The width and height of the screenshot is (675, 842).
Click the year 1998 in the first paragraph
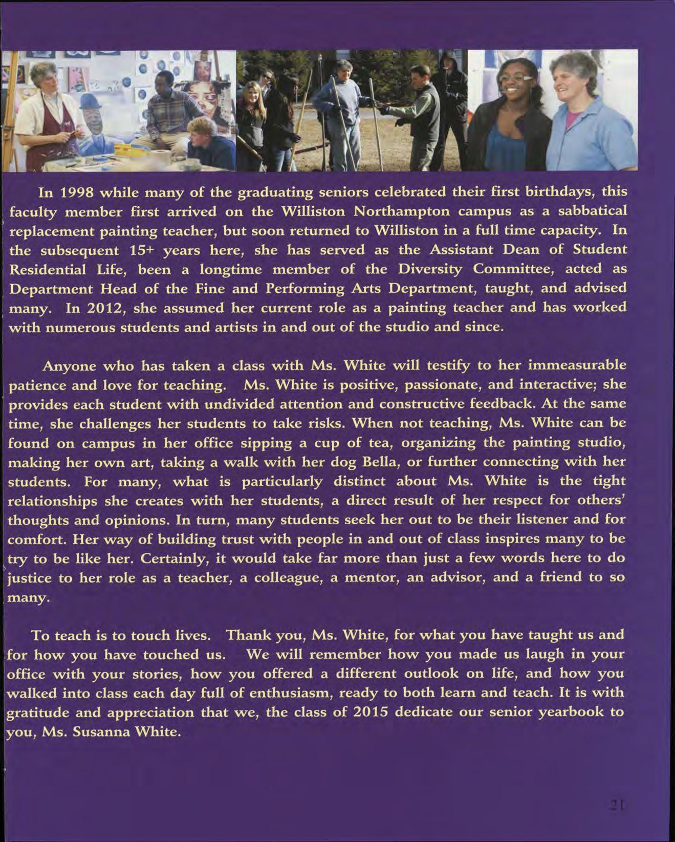(x=76, y=193)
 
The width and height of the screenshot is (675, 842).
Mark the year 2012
(x=106, y=308)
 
